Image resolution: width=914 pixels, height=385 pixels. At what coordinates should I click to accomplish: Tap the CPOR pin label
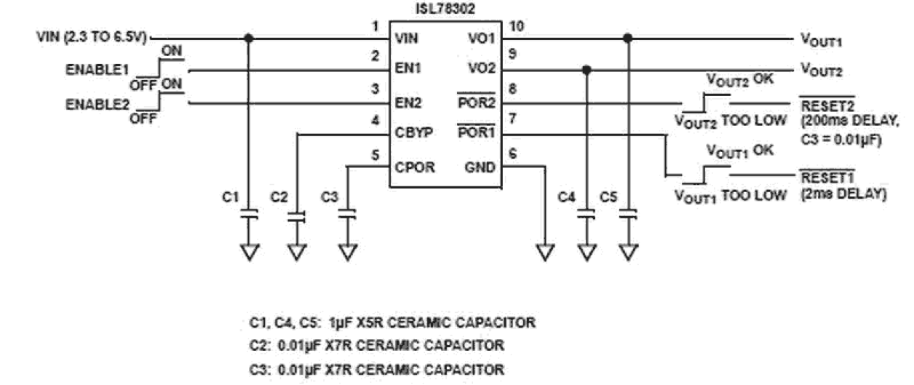tap(414, 167)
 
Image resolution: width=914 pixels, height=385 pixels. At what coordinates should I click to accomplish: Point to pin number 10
tap(517, 27)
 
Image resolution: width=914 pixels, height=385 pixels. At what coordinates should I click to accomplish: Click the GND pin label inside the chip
tap(480, 167)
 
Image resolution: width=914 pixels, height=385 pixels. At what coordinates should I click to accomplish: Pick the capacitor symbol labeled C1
tap(250, 215)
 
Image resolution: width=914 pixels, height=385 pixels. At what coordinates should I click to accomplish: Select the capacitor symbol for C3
tap(348, 215)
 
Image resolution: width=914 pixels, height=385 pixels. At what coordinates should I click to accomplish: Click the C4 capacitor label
tap(567, 197)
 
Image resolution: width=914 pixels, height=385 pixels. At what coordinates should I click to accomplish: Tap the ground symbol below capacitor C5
tap(629, 253)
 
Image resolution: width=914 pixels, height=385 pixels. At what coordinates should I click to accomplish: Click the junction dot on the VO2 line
tap(587, 70)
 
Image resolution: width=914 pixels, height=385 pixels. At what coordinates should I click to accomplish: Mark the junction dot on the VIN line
tap(250, 38)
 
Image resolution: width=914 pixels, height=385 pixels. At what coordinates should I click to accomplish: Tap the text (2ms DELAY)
tap(842, 194)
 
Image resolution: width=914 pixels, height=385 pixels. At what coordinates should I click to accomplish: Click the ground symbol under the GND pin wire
tap(544, 253)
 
